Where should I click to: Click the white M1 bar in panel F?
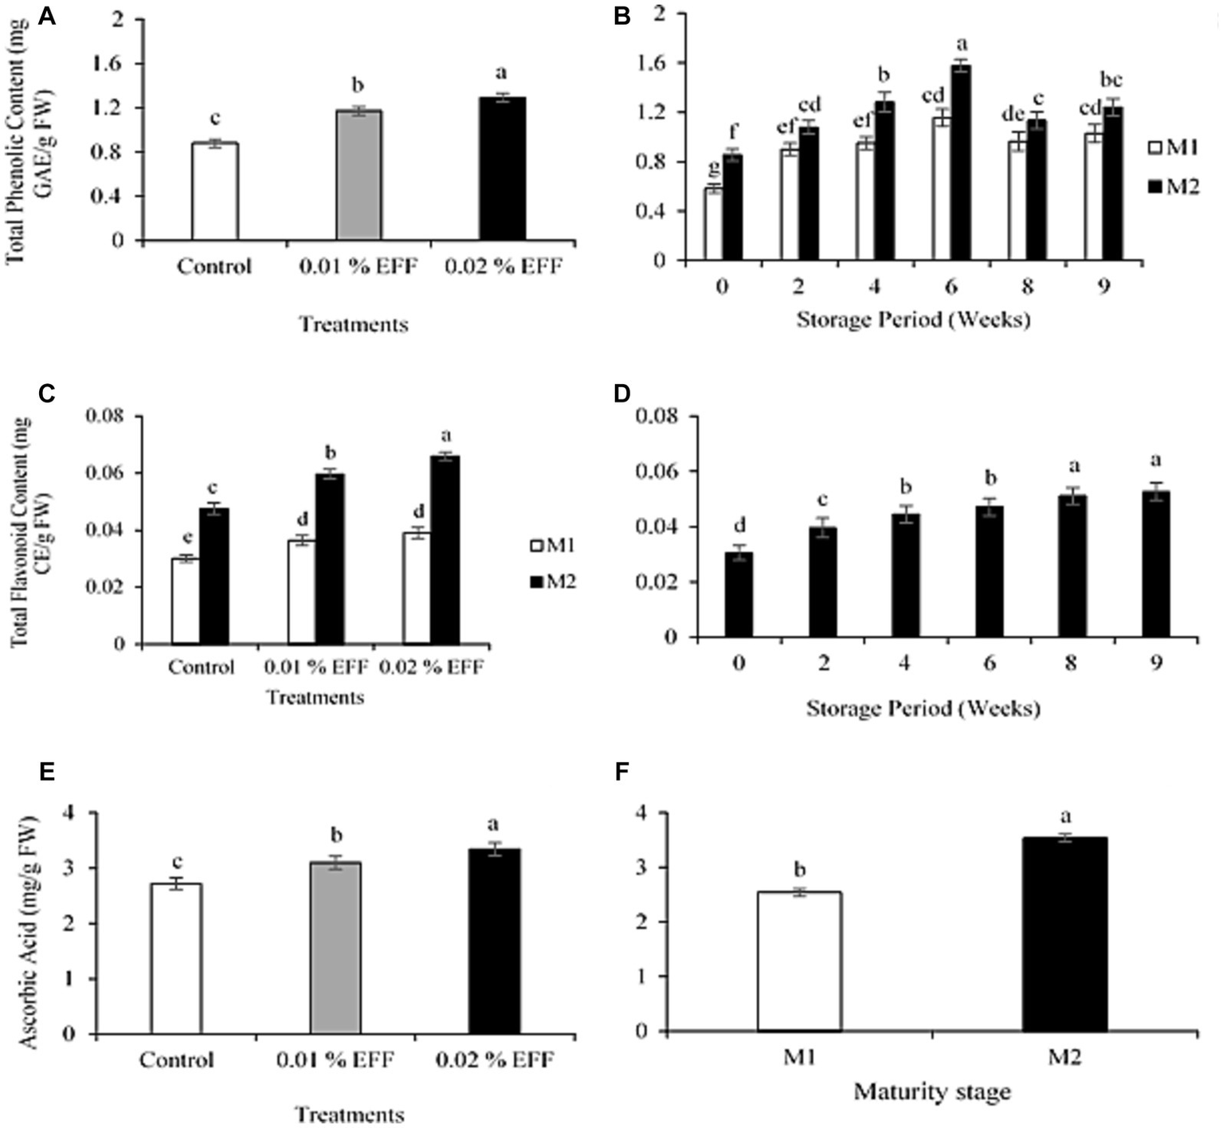[799, 962]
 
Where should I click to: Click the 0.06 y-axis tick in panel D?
[655, 472]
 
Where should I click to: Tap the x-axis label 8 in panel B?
[1027, 286]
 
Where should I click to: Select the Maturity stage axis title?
[931, 1091]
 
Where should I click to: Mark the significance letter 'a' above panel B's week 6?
[962, 43]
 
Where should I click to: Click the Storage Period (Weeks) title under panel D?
[923, 708]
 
